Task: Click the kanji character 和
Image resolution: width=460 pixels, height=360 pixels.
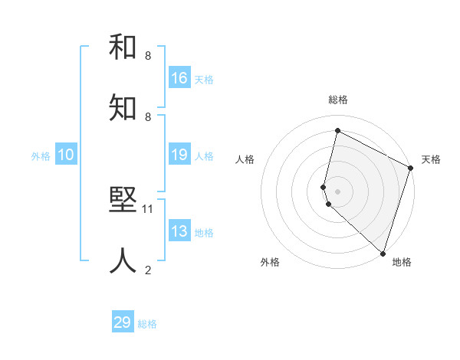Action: (x=123, y=47)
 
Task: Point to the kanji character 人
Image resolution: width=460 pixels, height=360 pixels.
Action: (x=123, y=260)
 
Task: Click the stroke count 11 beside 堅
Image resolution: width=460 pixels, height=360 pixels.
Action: (x=149, y=208)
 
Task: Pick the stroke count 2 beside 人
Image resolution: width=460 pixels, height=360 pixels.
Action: (x=148, y=270)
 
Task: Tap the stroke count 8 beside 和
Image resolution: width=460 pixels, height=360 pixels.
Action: (x=148, y=56)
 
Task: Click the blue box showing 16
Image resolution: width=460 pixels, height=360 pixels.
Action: (x=179, y=77)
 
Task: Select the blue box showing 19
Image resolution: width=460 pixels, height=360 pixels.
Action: (x=179, y=155)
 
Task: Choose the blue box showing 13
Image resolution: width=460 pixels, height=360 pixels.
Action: (x=179, y=231)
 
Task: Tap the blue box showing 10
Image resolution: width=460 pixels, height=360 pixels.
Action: (x=66, y=155)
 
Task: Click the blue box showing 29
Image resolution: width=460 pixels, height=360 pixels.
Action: (x=123, y=322)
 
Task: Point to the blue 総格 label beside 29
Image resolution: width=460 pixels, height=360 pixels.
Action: (x=147, y=324)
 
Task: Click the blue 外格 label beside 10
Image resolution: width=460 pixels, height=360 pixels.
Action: (x=41, y=156)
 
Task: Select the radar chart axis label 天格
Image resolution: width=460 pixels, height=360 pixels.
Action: (x=431, y=159)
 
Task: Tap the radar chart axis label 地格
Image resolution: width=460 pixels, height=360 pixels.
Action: (x=402, y=262)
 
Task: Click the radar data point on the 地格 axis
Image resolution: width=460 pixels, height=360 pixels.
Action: (x=383, y=253)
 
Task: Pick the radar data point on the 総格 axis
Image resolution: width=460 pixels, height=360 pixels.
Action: (x=337, y=131)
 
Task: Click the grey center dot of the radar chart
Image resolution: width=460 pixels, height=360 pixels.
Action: (x=337, y=191)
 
